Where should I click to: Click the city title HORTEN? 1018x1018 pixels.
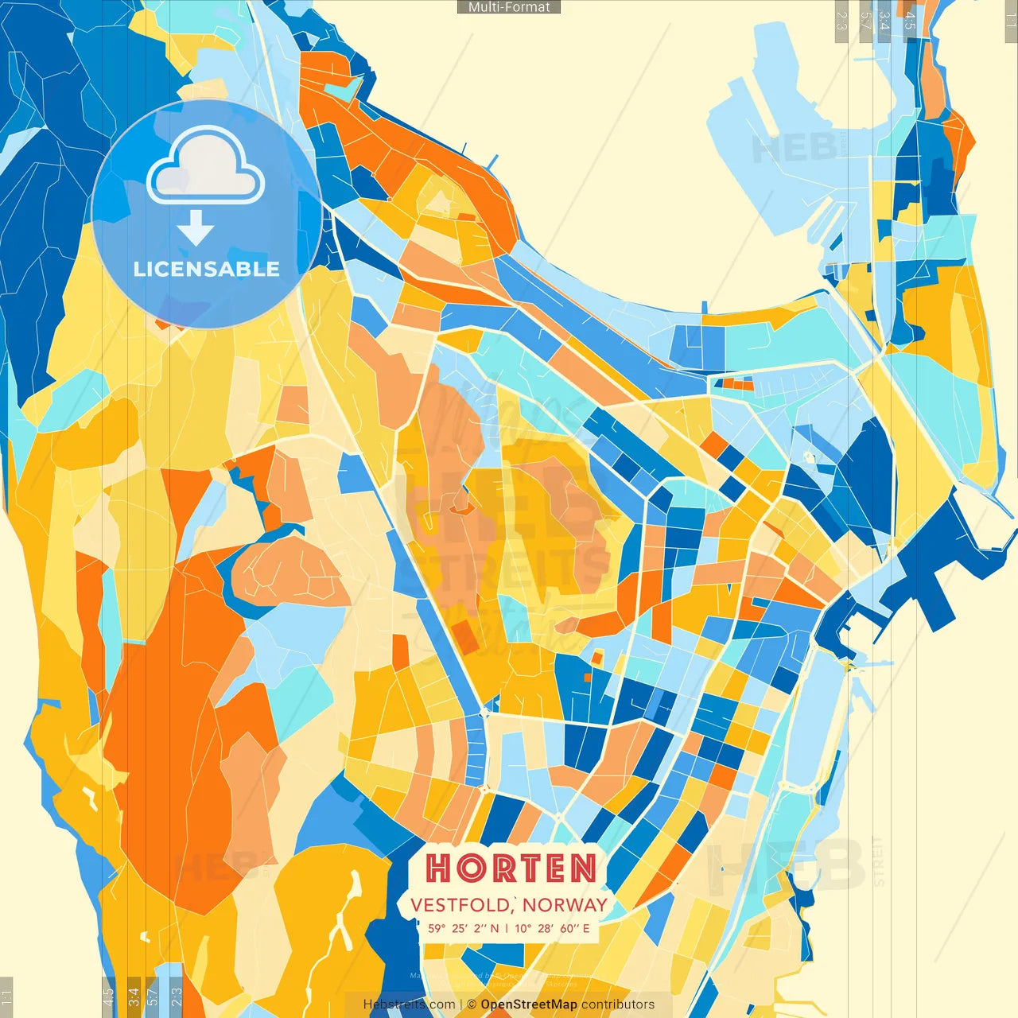pyautogui.click(x=511, y=868)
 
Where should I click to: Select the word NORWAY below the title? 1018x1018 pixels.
pyautogui.click(x=565, y=905)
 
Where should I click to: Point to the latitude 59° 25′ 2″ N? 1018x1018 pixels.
pyautogui.click(x=463, y=928)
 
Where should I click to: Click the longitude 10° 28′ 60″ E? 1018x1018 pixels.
pyautogui.click(x=553, y=928)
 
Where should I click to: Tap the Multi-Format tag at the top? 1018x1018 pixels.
pyautogui.click(x=509, y=7)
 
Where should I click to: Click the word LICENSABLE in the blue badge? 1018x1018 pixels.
pyautogui.click(x=207, y=269)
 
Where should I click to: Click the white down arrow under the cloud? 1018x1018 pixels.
pyautogui.click(x=196, y=228)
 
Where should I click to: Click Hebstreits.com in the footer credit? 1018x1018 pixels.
pyautogui.click(x=409, y=1004)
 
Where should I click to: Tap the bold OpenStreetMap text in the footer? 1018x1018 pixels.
pyautogui.click(x=528, y=1004)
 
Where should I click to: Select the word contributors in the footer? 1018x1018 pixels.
pyautogui.click(x=618, y=1004)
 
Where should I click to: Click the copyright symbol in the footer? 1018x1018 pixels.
pyautogui.click(x=472, y=1004)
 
